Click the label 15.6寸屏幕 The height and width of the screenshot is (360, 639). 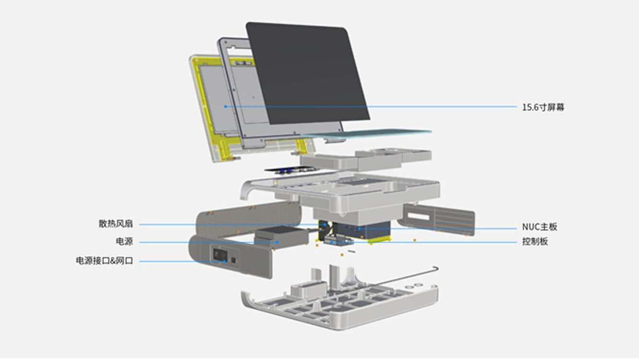coord(543,108)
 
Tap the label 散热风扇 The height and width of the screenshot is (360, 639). coord(116,224)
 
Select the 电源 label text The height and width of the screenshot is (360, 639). coord(124,241)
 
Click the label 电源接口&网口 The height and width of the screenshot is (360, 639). coord(105,261)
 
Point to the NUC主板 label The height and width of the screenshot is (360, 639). coord(539,227)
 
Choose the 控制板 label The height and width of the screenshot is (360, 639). coord(535,242)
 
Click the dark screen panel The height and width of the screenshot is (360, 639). coord(308,73)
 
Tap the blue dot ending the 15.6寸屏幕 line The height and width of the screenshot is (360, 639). coord(225,107)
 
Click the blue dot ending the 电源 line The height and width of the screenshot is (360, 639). coord(277,242)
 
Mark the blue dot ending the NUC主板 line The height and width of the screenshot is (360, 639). coord(359,228)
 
